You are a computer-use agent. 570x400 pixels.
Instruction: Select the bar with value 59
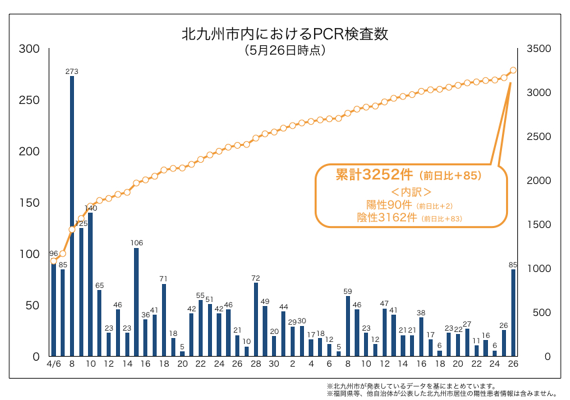coord(348,326)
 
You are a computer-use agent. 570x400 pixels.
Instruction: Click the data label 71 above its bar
coord(163,279)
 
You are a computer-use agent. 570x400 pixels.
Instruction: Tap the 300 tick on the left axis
coord(29,49)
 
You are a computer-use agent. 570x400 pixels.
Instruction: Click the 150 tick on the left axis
coord(29,203)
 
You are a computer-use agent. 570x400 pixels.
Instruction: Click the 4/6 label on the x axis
coord(54,365)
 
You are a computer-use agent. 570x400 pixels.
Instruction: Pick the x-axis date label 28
coord(255,365)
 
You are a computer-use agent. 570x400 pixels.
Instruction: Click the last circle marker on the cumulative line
coord(513,70)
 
